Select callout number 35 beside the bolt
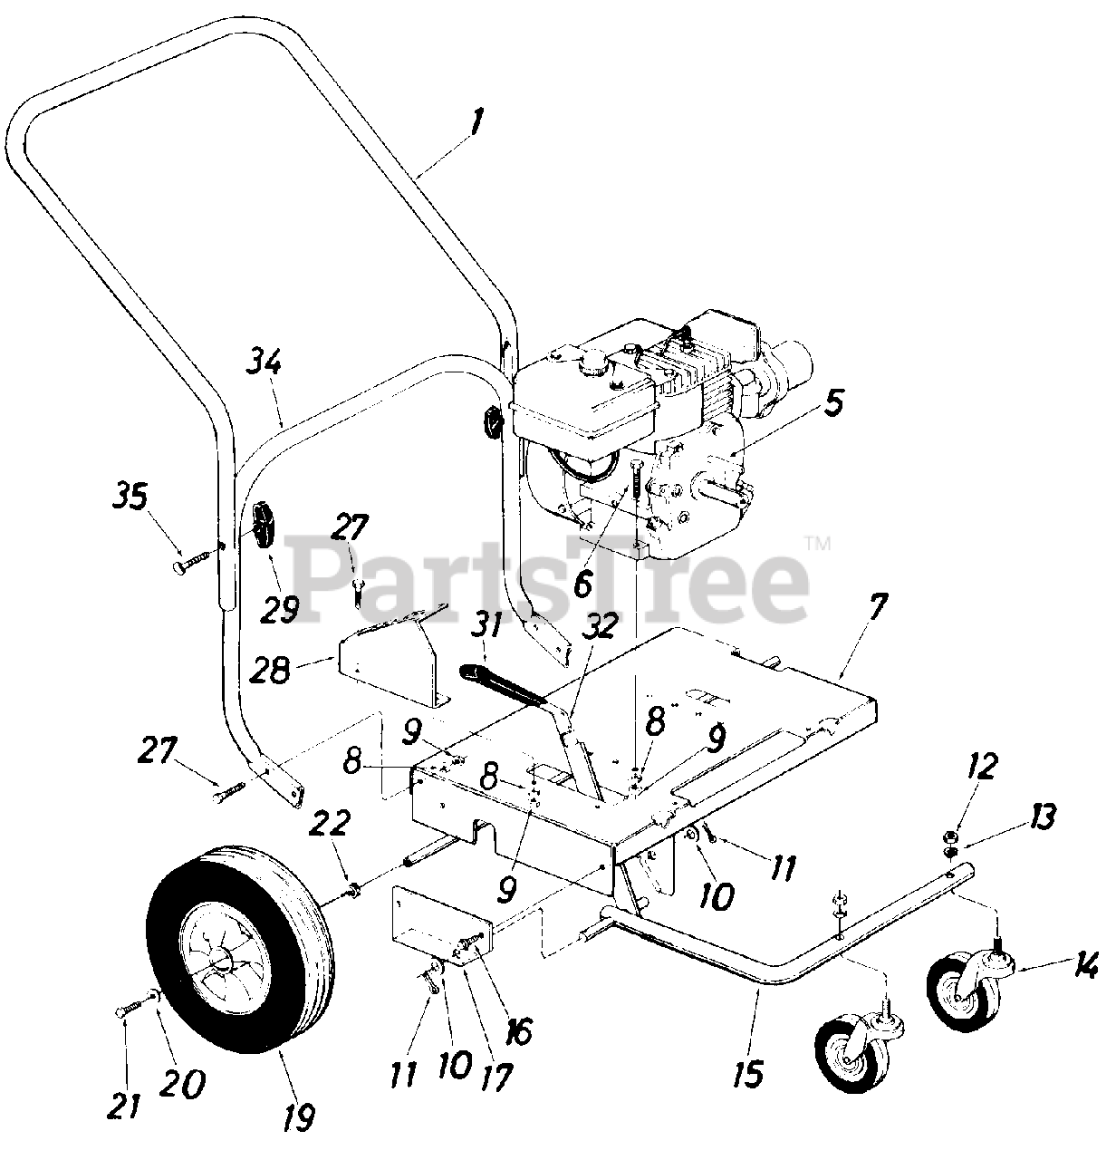tap(134, 498)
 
